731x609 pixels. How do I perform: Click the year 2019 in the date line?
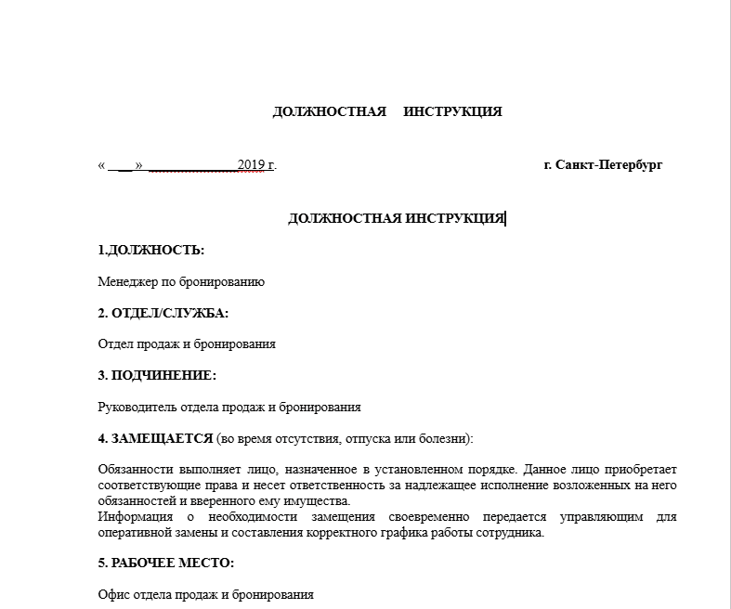click(252, 165)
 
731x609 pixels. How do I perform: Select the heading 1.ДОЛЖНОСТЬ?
click(150, 250)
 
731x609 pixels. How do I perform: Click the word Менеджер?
click(126, 281)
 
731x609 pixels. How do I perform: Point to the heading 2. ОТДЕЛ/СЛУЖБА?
click(163, 313)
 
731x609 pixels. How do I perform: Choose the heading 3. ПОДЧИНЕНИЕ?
click(157, 375)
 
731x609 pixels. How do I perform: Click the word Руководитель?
click(136, 407)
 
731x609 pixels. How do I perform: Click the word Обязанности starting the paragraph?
click(136, 470)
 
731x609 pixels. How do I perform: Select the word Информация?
click(134, 517)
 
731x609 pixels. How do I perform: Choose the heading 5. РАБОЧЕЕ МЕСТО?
click(165, 564)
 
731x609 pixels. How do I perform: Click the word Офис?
click(113, 594)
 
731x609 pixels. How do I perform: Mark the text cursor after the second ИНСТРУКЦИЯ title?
click(505, 218)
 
